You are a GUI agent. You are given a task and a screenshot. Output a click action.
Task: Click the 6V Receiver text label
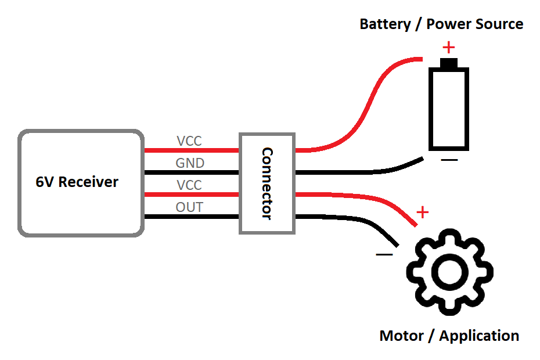77,182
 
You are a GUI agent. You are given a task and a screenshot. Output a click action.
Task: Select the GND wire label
190,163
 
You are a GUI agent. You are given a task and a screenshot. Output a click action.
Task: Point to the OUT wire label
189,207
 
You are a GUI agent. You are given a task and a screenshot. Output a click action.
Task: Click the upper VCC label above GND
189,141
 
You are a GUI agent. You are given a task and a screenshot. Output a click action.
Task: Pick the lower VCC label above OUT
189,185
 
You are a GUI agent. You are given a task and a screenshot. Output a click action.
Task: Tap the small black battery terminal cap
448,63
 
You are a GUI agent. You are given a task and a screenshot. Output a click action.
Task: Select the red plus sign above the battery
448,46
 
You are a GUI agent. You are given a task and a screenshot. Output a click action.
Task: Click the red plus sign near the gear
423,212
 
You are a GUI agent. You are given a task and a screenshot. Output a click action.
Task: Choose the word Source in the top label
499,24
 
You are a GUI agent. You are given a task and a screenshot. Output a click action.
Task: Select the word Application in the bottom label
479,336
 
